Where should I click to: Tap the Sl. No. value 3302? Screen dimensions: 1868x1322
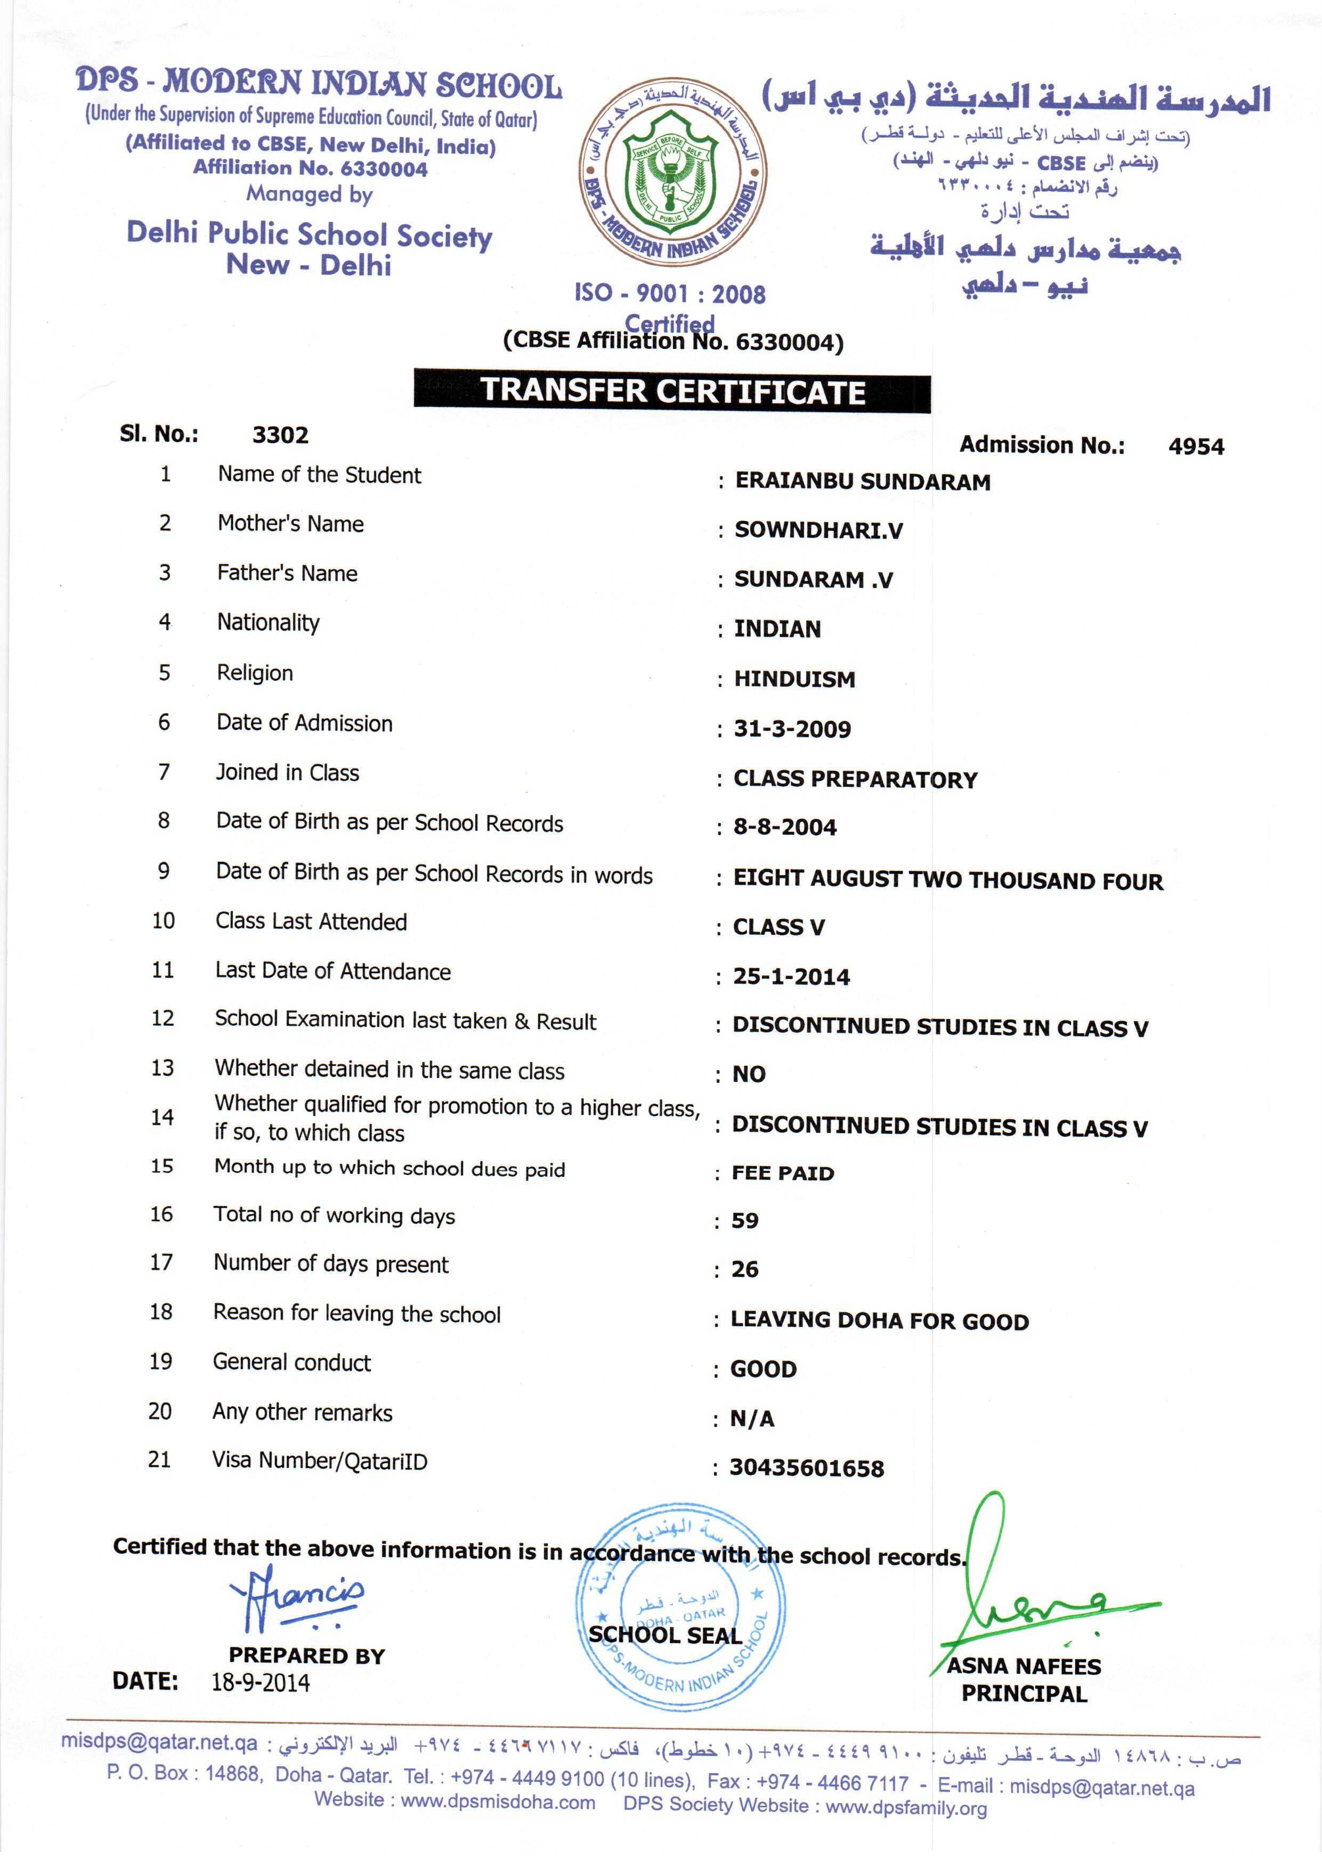[x=280, y=435]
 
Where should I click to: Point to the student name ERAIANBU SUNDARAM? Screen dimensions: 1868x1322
[x=862, y=482]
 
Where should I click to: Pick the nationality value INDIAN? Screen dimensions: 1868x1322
[x=777, y=629]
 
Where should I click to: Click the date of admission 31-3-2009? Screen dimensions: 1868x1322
[x=792, y=729]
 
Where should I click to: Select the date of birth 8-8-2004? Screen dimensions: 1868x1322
[x=785, y=827]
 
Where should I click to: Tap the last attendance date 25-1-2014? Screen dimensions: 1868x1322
[x=791, y=976]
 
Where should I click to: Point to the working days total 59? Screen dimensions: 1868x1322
[x=745, y=1220]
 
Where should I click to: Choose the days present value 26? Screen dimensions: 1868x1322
[x=745, y=1269]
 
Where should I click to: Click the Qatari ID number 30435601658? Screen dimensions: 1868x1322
[x=806, y=1468]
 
